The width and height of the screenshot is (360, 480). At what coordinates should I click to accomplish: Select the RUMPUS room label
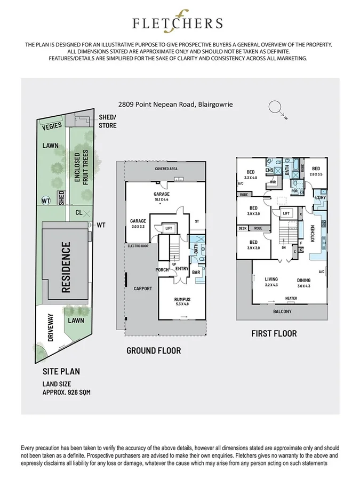pyautogui.click(x=182, y=300)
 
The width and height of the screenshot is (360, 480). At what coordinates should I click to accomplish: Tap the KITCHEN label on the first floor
pyautogui.click(x=313, y=234)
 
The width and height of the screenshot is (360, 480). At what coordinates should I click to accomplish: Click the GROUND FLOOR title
pyautogui.click(x=154, y=350)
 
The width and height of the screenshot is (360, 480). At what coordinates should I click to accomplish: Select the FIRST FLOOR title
pyautogui.click(x=274, y=334)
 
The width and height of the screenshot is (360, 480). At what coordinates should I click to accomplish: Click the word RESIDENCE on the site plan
pyautogui.click(x=66, y=268)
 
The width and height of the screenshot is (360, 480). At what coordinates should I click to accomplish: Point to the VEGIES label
pyautogui.click(x=53, y=125)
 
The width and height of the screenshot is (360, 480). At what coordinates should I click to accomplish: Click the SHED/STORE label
pyautogui.click(x=107, y=121)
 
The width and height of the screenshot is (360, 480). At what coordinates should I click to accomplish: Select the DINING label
pyautogui.click(x=304, y=279)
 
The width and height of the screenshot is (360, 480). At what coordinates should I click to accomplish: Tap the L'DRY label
pyautogui.click(x=321, y=198)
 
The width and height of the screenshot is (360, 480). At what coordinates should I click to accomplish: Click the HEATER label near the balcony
pyautogui.click(x=291, y=299)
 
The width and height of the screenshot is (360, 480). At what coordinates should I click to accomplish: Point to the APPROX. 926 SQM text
pyautogui.click(x=67, y=393)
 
